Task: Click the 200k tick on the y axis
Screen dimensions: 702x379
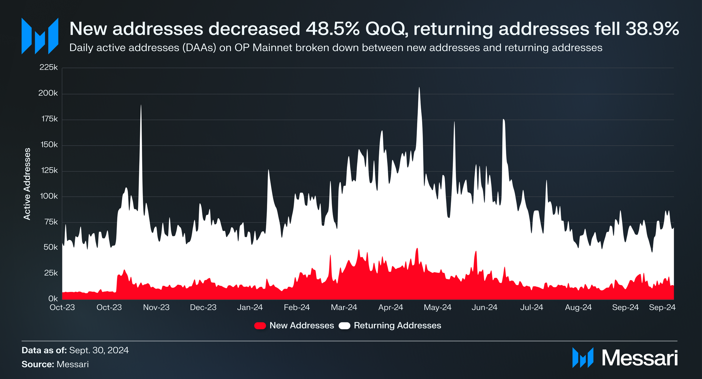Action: [48, 93]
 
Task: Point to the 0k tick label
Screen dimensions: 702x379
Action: [53, 299]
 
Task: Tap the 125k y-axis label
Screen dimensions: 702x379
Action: [49, 171]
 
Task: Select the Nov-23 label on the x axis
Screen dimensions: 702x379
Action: [156, 308]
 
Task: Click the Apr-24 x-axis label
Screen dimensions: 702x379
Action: [391, 308]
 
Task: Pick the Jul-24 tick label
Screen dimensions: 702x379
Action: [532, 308]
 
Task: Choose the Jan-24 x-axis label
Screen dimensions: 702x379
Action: [250, 308]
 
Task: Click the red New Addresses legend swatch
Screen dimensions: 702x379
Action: [260, 326]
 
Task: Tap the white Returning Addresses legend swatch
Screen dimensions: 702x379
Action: [344, 326]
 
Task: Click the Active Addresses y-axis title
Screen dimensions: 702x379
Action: [27, 184]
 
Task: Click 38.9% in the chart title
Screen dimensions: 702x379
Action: [652, 29]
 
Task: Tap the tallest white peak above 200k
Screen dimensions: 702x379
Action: [419, 88]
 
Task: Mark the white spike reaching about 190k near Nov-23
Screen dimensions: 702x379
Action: [141, 105]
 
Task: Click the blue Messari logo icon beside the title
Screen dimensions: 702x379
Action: [40, 36]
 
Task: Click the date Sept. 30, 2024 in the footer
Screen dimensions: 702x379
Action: [99, 351]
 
